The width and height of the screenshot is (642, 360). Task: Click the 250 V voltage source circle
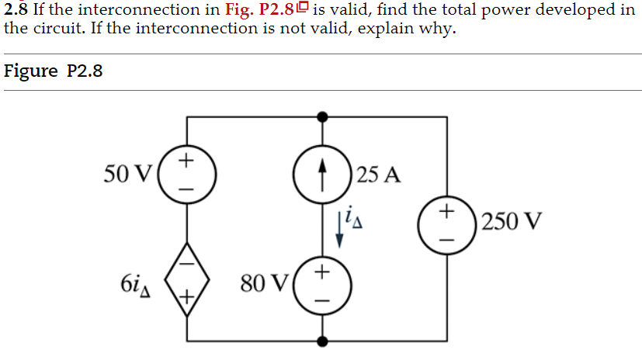447,223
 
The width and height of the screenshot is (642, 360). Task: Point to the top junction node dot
323,116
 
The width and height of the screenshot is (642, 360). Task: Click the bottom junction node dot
323,341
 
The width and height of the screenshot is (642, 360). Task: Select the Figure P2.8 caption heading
54,71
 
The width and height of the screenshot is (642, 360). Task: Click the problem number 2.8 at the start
16,10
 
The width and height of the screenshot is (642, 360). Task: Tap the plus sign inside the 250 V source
446,211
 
